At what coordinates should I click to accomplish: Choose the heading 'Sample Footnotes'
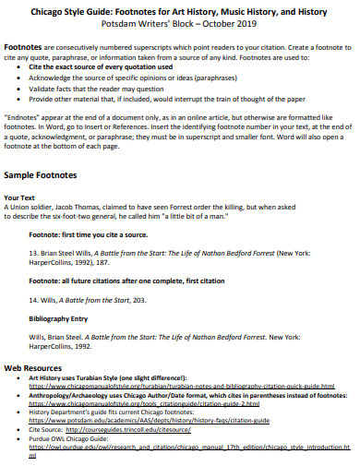coord(45,174)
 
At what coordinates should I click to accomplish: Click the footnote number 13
coord(34,253)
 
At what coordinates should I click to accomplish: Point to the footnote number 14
coord(34,300)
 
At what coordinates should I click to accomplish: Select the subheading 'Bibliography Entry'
coord(63,317)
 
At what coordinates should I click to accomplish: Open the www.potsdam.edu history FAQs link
coord(148,420)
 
